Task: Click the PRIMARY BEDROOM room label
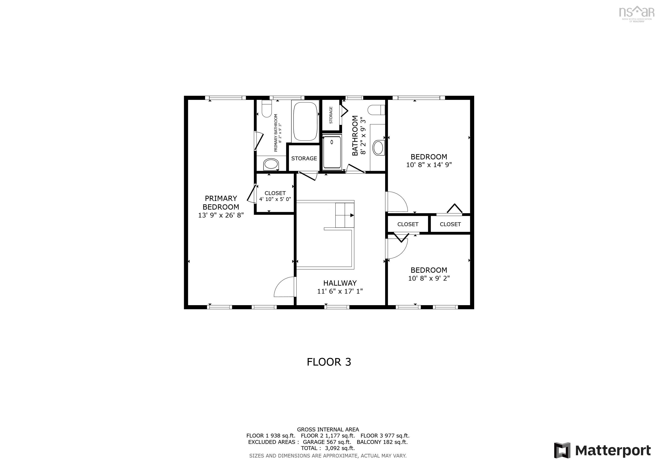click(x=221, y=203)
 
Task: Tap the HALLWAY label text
click(x=340, y=283)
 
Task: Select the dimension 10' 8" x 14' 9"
click(x=429, y=165)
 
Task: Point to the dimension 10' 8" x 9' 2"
click(x=429, y=278)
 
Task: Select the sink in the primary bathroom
click(x=271, y=164)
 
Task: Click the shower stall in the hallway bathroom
click(x=332, y=153)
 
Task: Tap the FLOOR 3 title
click(x=329, y=362)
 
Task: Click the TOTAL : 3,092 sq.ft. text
click(x=328, y=448)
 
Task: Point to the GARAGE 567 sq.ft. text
click(x=327, y=442)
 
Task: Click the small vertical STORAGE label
click(x=331, y=115)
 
